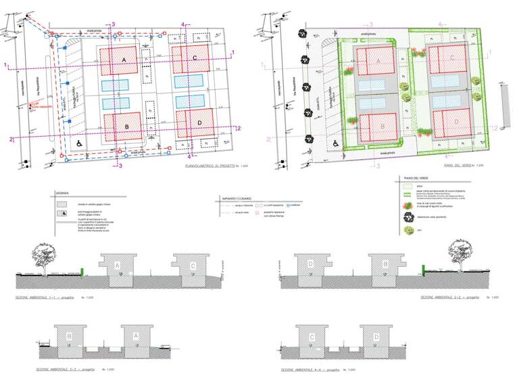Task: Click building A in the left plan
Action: click(x=123, y=60)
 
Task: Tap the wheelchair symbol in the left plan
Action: click(x=78, y=143)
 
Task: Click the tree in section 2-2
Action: click(x=460, y=256)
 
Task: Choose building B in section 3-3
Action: click(x=69, y=336)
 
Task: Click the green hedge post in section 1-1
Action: click(x=82, y=272)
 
